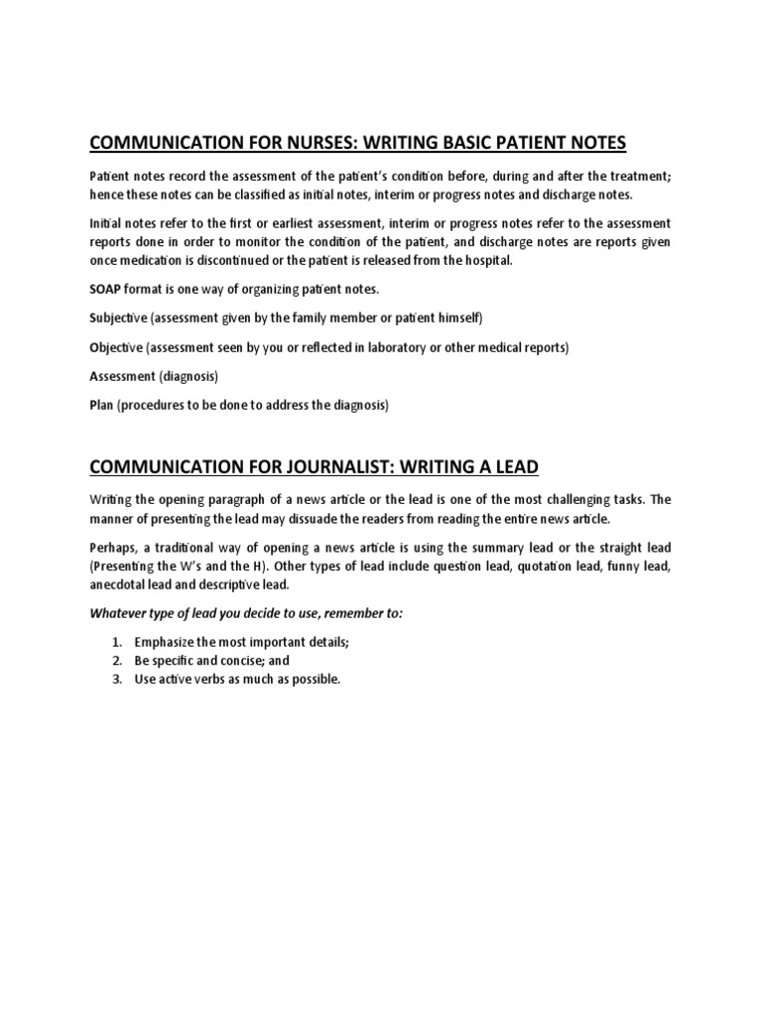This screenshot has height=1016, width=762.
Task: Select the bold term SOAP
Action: tap(106, 289)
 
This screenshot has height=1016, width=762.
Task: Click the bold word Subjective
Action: tap(117, 317)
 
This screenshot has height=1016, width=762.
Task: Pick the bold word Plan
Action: tap(102, 405)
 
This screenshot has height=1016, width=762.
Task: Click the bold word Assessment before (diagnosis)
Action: tap(124, 376)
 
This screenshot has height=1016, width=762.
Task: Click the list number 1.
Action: tap(115, 642)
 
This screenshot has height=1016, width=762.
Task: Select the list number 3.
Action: tap(115, 679)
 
